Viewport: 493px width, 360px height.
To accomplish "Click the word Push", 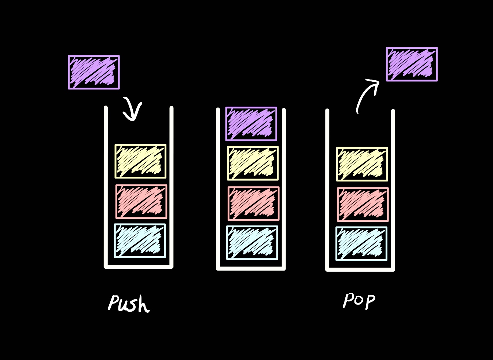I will point(129,304).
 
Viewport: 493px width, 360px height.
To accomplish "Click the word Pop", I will point(359,301).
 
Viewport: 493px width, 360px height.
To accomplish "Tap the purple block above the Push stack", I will point(94,72).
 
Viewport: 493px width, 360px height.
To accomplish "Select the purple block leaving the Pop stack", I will point(412,64).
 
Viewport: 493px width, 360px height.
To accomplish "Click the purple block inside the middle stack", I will point(251,124).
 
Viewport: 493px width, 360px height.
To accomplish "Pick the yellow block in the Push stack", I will point(140,161).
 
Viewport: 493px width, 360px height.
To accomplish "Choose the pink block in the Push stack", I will point(141,202).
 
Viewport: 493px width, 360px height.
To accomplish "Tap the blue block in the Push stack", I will point(140,241).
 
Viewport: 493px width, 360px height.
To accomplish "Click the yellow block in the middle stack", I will point(253,163).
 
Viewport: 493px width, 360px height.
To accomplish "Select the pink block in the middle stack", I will point(253,203).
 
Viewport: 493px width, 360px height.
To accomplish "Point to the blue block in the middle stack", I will point(252,243).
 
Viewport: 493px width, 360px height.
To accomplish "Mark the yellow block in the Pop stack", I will point(362,164).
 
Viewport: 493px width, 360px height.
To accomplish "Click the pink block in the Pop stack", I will point(363,205).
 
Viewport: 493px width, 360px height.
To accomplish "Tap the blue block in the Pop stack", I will point(361,244).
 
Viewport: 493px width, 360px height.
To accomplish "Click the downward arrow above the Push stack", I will point(132,109).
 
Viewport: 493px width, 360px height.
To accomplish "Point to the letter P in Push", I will point(114,303).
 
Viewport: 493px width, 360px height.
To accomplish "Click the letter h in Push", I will point(144,305).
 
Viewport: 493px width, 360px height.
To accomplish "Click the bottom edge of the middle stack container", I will point(251,268).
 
